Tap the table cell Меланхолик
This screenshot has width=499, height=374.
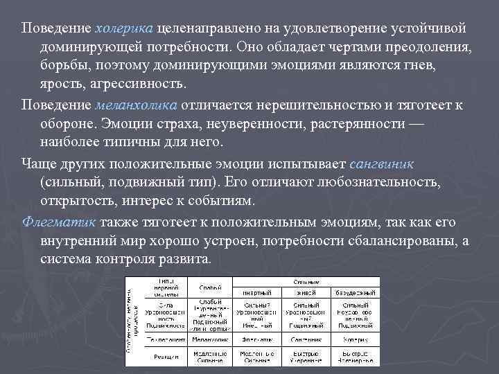pos(211,339)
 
